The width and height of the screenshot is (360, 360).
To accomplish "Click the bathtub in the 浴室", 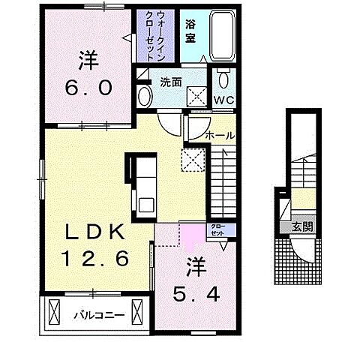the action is [223, 35].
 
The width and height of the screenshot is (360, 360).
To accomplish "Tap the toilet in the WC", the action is [223, 78].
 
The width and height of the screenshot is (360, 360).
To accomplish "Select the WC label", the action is [223, 100].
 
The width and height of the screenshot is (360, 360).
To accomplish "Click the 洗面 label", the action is [171, 82].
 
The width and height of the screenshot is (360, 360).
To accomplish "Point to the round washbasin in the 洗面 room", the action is [145, 97].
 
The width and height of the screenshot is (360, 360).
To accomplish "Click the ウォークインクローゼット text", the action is [155, 36].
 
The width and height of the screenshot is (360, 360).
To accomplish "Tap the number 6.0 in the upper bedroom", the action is [88, 88].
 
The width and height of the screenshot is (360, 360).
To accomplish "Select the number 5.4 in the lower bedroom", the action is [196, 294].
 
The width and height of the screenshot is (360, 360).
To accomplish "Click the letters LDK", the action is [95, 232].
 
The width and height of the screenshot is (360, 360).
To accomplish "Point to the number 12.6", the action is [96, 258].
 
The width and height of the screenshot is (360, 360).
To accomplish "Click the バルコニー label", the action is [99, 315].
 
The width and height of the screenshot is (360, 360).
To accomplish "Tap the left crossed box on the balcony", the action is [54, 312].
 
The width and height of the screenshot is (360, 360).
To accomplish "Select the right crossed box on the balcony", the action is [137, 312].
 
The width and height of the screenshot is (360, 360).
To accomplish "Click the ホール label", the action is [220, 136].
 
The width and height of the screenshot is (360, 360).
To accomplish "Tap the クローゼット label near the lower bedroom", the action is [217, 230].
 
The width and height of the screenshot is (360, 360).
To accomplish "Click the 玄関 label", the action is [303, 227].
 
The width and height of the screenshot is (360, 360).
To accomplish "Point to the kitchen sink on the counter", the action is [147, 205].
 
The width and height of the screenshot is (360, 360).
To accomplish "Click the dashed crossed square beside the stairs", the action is [193, 160].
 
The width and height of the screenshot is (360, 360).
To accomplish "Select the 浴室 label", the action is [190, 31].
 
